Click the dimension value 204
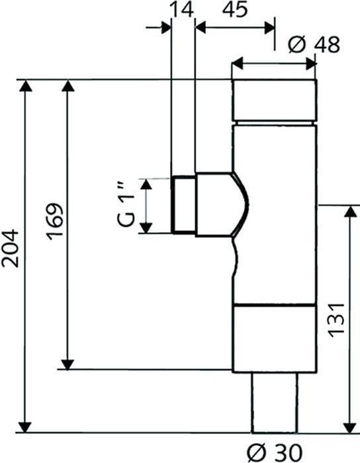(x=11, y=249)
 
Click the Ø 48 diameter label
(x=315, y=44)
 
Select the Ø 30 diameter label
(x=273, y=452)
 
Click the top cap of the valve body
(x=273, y=101)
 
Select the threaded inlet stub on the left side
(x=183, y=204)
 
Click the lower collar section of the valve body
(x=273, y=338)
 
